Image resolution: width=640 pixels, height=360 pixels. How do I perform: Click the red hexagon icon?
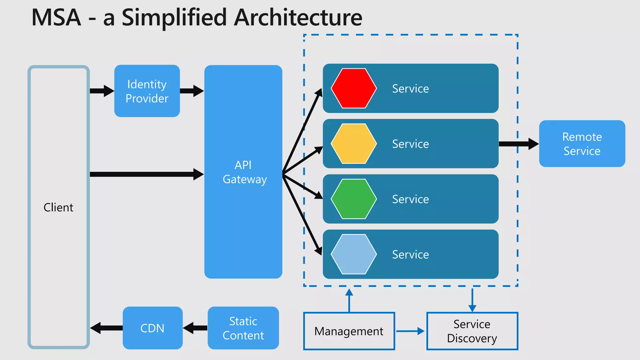tap(354, 88)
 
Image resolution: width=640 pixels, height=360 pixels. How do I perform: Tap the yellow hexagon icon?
tap(354, 144)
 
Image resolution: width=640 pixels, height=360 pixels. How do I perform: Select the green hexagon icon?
tap(354, 199)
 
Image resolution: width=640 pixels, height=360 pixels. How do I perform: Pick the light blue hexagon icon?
tap(354, 254)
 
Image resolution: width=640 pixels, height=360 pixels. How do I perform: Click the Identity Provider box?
tap(147, 91)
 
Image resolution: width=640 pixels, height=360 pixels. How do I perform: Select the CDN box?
tap(152, 328)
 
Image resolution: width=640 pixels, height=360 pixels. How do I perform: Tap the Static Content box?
tap(243, 328)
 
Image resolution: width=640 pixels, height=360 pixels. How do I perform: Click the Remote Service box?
tap(582, 144)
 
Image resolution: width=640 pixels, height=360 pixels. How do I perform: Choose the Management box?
tap(349, 331)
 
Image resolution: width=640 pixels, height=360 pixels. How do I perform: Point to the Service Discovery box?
tap(472, 331)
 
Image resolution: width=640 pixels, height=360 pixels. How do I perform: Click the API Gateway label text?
tap(244, 172)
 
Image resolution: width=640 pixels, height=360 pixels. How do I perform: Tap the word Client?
tap(58, 207)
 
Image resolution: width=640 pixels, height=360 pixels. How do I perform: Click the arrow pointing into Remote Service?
tap(519, 144)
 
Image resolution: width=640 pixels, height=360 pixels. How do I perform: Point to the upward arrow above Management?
tap(349, 300)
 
